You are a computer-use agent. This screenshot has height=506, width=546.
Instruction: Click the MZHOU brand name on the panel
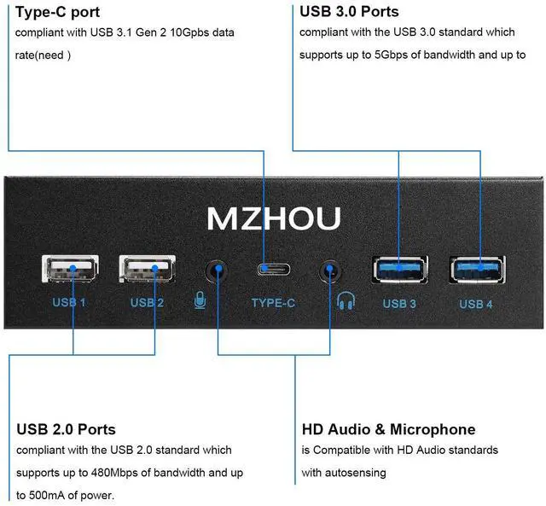(x=274, y=218)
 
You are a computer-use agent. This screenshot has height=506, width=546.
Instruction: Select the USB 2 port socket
(x=149, y=270)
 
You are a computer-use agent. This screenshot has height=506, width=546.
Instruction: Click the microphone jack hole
(x=218, y=272)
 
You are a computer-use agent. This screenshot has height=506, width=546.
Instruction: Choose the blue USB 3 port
(x=398, y=268)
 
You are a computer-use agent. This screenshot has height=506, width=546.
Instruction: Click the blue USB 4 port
(x=476, y=268)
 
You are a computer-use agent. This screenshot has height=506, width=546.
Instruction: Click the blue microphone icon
(x=200, y=301)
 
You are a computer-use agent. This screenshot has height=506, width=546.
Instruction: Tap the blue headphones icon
(x=346, y=301)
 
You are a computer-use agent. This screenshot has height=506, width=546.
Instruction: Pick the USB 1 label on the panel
(x=69, y=303)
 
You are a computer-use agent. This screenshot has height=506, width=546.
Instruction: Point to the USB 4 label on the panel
(x=476, y=304)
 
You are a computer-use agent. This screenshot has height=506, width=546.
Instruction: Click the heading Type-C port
(x=57, y=12)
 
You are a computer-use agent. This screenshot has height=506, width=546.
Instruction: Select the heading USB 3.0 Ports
(x=349, y=12)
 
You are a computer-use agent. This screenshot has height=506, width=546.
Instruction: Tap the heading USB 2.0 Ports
(x=66, y=429)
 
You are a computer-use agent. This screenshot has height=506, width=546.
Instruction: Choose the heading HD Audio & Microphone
(x=388, y=429)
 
